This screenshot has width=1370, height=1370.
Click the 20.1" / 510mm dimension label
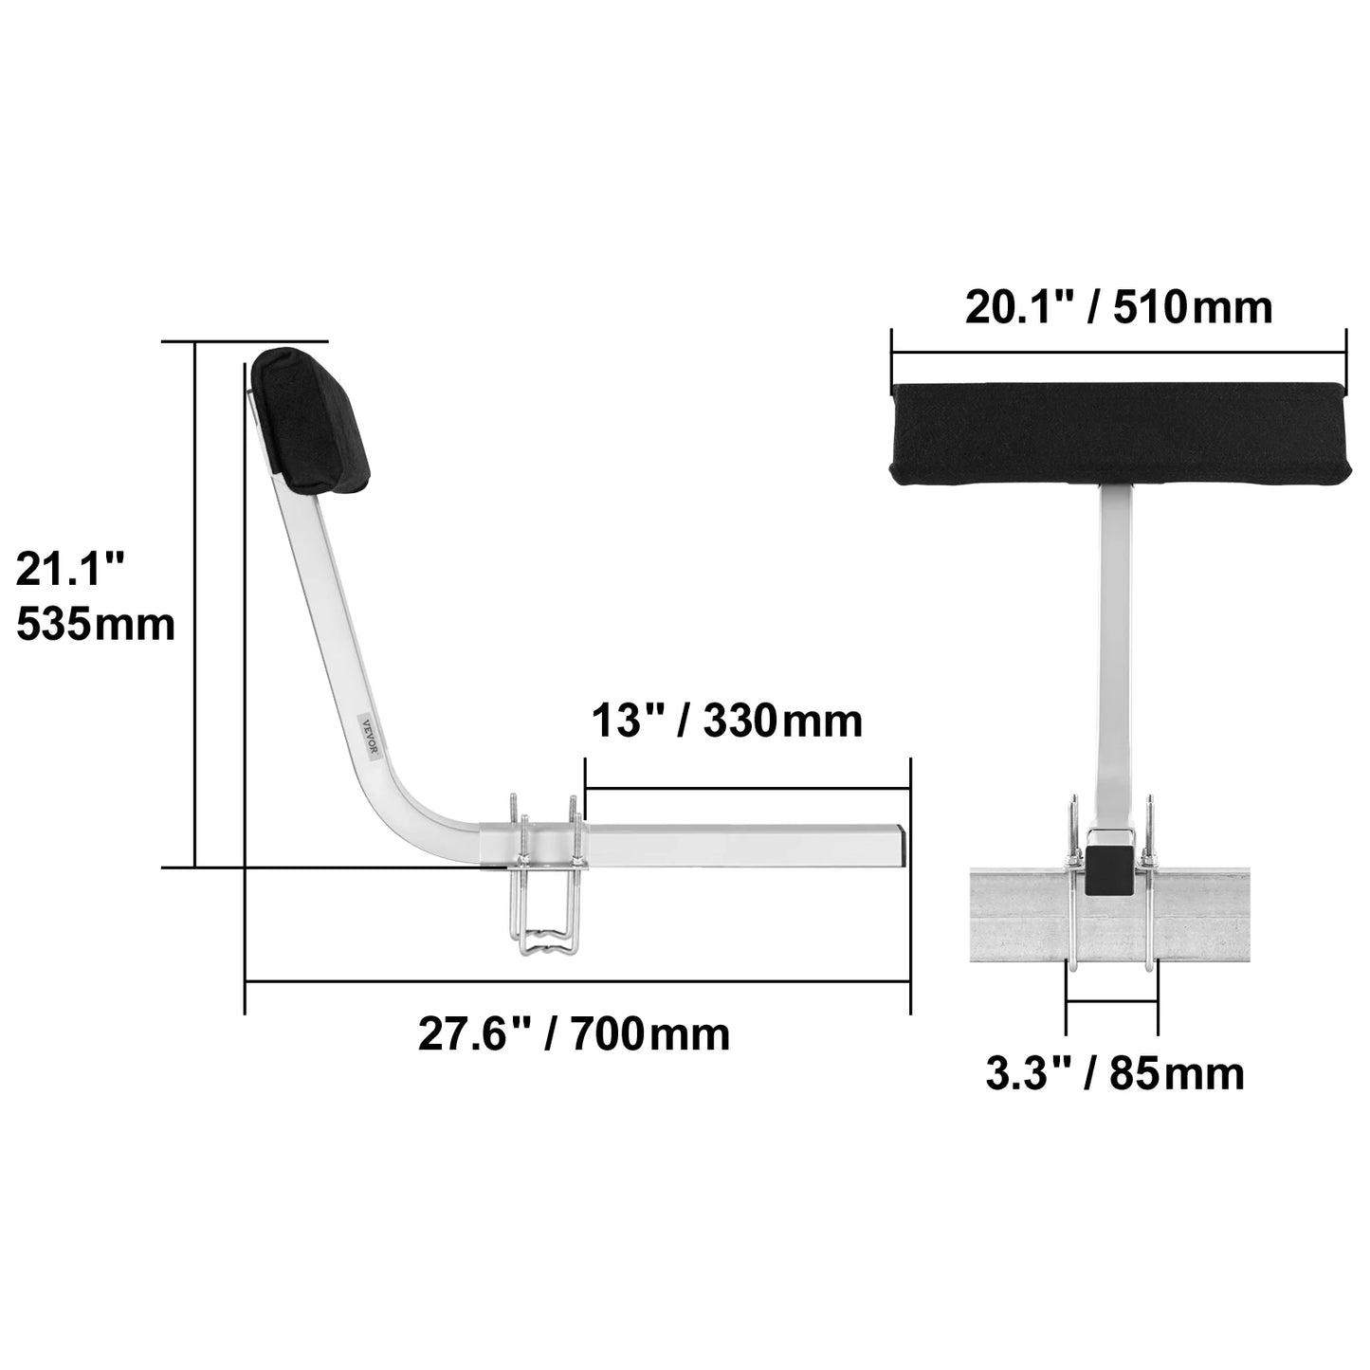1118,308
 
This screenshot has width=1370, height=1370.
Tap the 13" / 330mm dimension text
727,721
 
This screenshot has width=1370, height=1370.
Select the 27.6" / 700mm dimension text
575,1033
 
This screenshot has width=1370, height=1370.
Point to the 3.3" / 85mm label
1115,1074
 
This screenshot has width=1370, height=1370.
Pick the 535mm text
96,625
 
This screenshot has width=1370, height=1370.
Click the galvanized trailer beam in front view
1251,916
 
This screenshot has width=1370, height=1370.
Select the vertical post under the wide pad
1118,645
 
